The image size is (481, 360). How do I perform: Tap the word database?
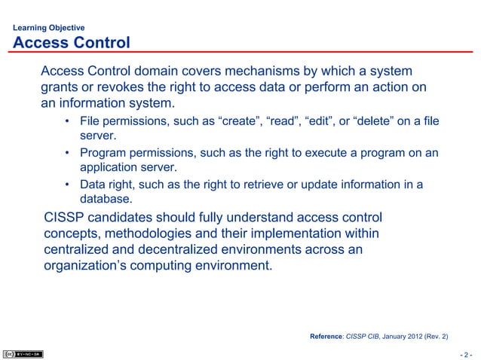[105, 200]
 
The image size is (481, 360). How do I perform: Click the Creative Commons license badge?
[23, 353]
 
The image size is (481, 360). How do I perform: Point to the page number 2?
[467, 354]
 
